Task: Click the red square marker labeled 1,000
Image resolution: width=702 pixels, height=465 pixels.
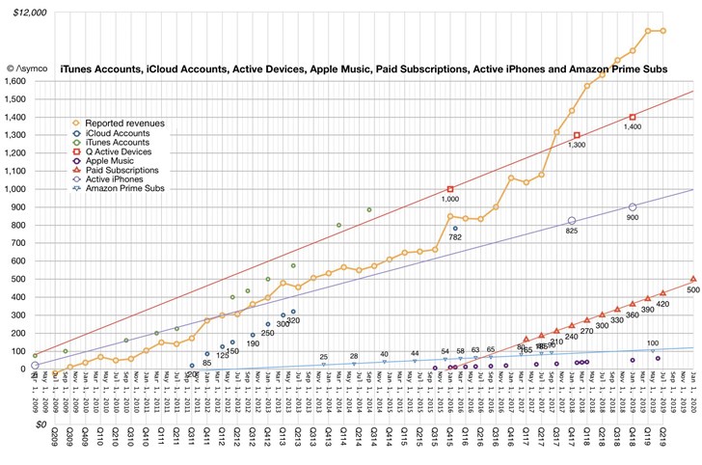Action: [450, 189]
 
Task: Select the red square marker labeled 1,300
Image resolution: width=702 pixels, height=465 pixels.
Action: [577, 135]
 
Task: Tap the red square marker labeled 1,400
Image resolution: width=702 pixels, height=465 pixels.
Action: [633, 118]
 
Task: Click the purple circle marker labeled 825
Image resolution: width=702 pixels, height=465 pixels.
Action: [572, 221]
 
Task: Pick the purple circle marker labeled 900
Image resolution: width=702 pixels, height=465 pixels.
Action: [633, 207]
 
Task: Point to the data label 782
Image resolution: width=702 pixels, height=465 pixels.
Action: [455, 237]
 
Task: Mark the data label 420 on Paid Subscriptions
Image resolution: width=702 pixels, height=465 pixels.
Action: [662, 303]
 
